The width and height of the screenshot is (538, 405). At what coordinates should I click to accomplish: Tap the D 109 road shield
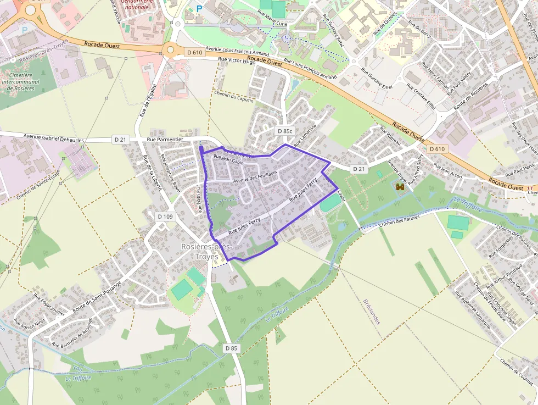[x=165, y=217]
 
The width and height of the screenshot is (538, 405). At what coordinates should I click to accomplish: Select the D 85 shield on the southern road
[x=232, y=348]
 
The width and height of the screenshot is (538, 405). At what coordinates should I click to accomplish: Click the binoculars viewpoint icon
[x=400, y=187]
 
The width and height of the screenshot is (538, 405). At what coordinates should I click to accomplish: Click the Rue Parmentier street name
[x=165, y=140]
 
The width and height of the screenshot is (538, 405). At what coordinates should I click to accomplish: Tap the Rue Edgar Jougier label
[x=49, y=303]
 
